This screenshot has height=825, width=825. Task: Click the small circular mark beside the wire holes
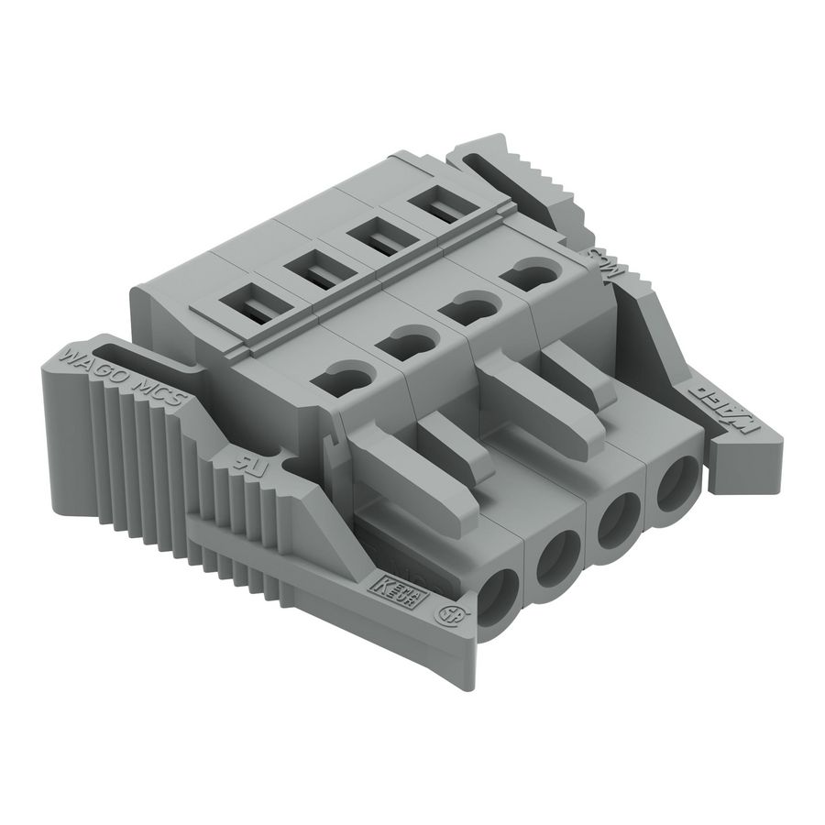[x=451, y=616]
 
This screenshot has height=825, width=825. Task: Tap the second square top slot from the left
[x=312, y=272]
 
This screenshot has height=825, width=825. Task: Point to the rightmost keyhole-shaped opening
[x=533, y=271]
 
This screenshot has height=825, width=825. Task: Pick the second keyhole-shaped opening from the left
[x=405, y=344]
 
